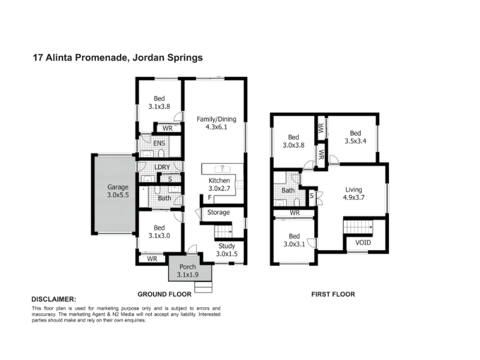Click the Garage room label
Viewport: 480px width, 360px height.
point(118,191)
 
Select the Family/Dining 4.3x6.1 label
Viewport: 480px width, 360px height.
point(217,123)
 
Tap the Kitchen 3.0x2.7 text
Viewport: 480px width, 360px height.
point(219,184)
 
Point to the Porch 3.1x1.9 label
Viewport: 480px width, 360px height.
point(188,271)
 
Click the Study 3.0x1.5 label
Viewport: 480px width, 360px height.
point(227,250)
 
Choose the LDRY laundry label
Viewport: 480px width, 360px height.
point(162,167)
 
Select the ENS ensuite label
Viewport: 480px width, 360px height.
point(159,143)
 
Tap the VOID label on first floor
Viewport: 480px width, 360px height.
point(363,243)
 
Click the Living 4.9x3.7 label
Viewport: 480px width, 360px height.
point(353,193)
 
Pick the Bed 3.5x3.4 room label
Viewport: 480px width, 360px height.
point(355,137)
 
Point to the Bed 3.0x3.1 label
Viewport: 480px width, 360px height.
point(294,240)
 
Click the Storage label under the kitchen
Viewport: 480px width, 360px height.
point(218,212)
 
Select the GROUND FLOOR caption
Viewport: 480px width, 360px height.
point(164,294)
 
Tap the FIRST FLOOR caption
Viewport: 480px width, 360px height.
point(333,294)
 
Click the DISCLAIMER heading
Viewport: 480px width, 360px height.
point(54,299)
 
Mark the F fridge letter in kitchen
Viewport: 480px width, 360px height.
point(209,197)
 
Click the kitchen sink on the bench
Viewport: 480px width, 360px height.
point(223,169)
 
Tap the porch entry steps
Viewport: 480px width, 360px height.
point(203,287)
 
